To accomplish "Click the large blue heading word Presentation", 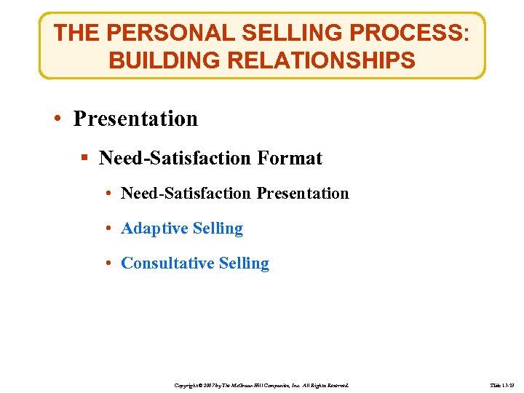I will point(135,119).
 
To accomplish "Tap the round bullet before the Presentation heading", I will point(60,119).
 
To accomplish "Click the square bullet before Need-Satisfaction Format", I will point(86,158).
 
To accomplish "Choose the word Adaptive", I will point(149,229).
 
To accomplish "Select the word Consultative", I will point(162,263).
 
